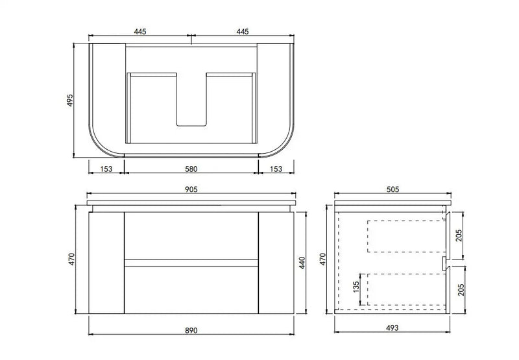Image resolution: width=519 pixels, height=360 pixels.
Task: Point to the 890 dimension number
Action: tap(190, 331)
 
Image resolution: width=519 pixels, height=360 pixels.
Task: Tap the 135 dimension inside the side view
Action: tap(356, 287)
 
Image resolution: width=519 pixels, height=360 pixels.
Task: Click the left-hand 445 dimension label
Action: tap(139, 30)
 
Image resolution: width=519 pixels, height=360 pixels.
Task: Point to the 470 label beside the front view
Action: tap(76, 259)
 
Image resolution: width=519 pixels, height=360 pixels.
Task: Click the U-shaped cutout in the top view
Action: tap(191, 104)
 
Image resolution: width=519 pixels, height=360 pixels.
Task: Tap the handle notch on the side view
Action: tap(444, 262)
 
